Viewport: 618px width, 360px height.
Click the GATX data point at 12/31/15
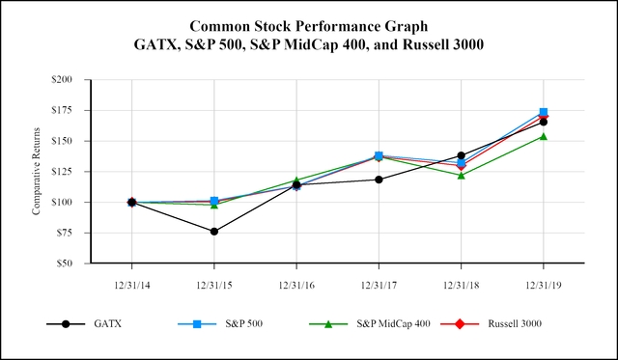tap(213, 232)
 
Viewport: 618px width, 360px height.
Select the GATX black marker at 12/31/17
tap(379, 180)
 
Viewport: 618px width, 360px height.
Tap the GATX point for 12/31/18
tap(461, 155)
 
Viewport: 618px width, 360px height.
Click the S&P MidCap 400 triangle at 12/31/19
tap(544, 136)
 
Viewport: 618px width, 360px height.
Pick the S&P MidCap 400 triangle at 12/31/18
tap(461, 176)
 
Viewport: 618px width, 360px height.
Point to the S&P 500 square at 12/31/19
tap(544, 113)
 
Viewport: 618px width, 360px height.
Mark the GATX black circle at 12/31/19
tap(544, 122)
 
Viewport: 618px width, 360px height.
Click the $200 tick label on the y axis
tap(62, 80)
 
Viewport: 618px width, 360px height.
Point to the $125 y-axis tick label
tap(62, 172)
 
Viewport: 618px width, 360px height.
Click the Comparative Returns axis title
tap(37, 172)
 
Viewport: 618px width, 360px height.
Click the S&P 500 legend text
tap(240, 324)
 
